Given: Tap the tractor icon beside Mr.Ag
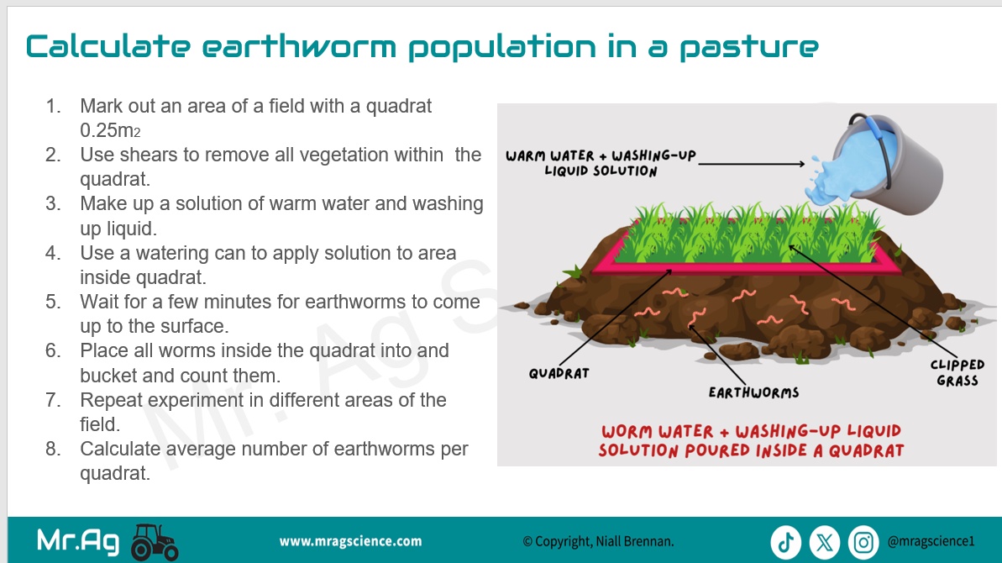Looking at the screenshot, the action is coord(154,543).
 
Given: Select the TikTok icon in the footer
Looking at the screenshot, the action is coord(785,543).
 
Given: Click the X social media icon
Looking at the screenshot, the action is coord(824,543).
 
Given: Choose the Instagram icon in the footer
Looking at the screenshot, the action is coord(863,543).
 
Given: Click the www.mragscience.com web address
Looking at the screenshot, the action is coord(350,541).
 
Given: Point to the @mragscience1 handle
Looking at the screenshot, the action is coord(931,541).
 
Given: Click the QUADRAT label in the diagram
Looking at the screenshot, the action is coord(559,373).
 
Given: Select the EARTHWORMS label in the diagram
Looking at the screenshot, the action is coord(753,392).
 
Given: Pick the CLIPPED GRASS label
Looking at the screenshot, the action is coord(957,372).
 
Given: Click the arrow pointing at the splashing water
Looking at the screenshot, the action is coord(752,164).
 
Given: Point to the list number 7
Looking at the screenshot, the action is coord(52,400).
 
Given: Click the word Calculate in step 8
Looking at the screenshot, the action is coord(120,449).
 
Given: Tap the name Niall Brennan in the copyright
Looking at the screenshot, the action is coord(635,541).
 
